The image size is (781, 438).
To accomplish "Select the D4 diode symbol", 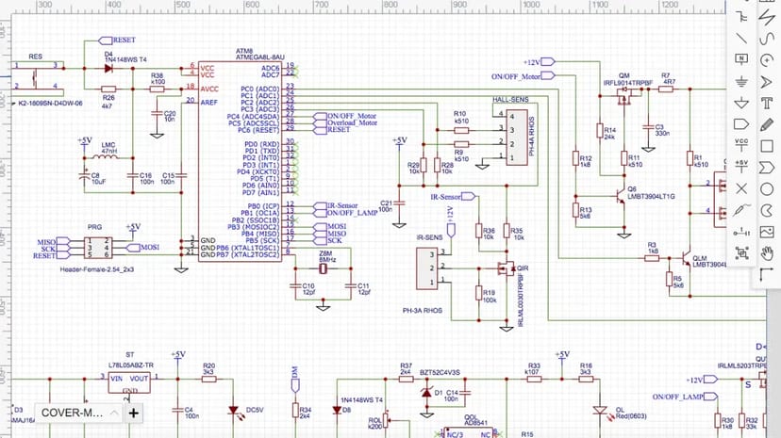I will tap(109, 66).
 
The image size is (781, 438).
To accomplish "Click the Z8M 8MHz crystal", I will tap(325, 269).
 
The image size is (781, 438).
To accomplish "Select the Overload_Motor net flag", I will tap(351, 122).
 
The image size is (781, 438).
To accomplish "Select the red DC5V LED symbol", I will tap(232, 410).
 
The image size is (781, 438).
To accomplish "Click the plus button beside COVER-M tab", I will tap(134, 413).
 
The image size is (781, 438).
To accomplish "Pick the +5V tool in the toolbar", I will tap(742, 167).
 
